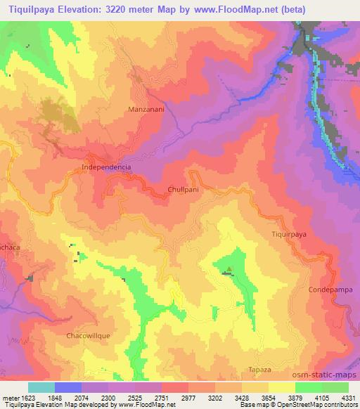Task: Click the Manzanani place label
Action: coord(146,110)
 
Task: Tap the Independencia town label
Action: coord(107,168)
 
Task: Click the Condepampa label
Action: coord(326,290)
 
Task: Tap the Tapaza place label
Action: coord(259,369)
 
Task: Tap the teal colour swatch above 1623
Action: coord(41,387)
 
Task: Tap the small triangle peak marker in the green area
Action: coord(228,268)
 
